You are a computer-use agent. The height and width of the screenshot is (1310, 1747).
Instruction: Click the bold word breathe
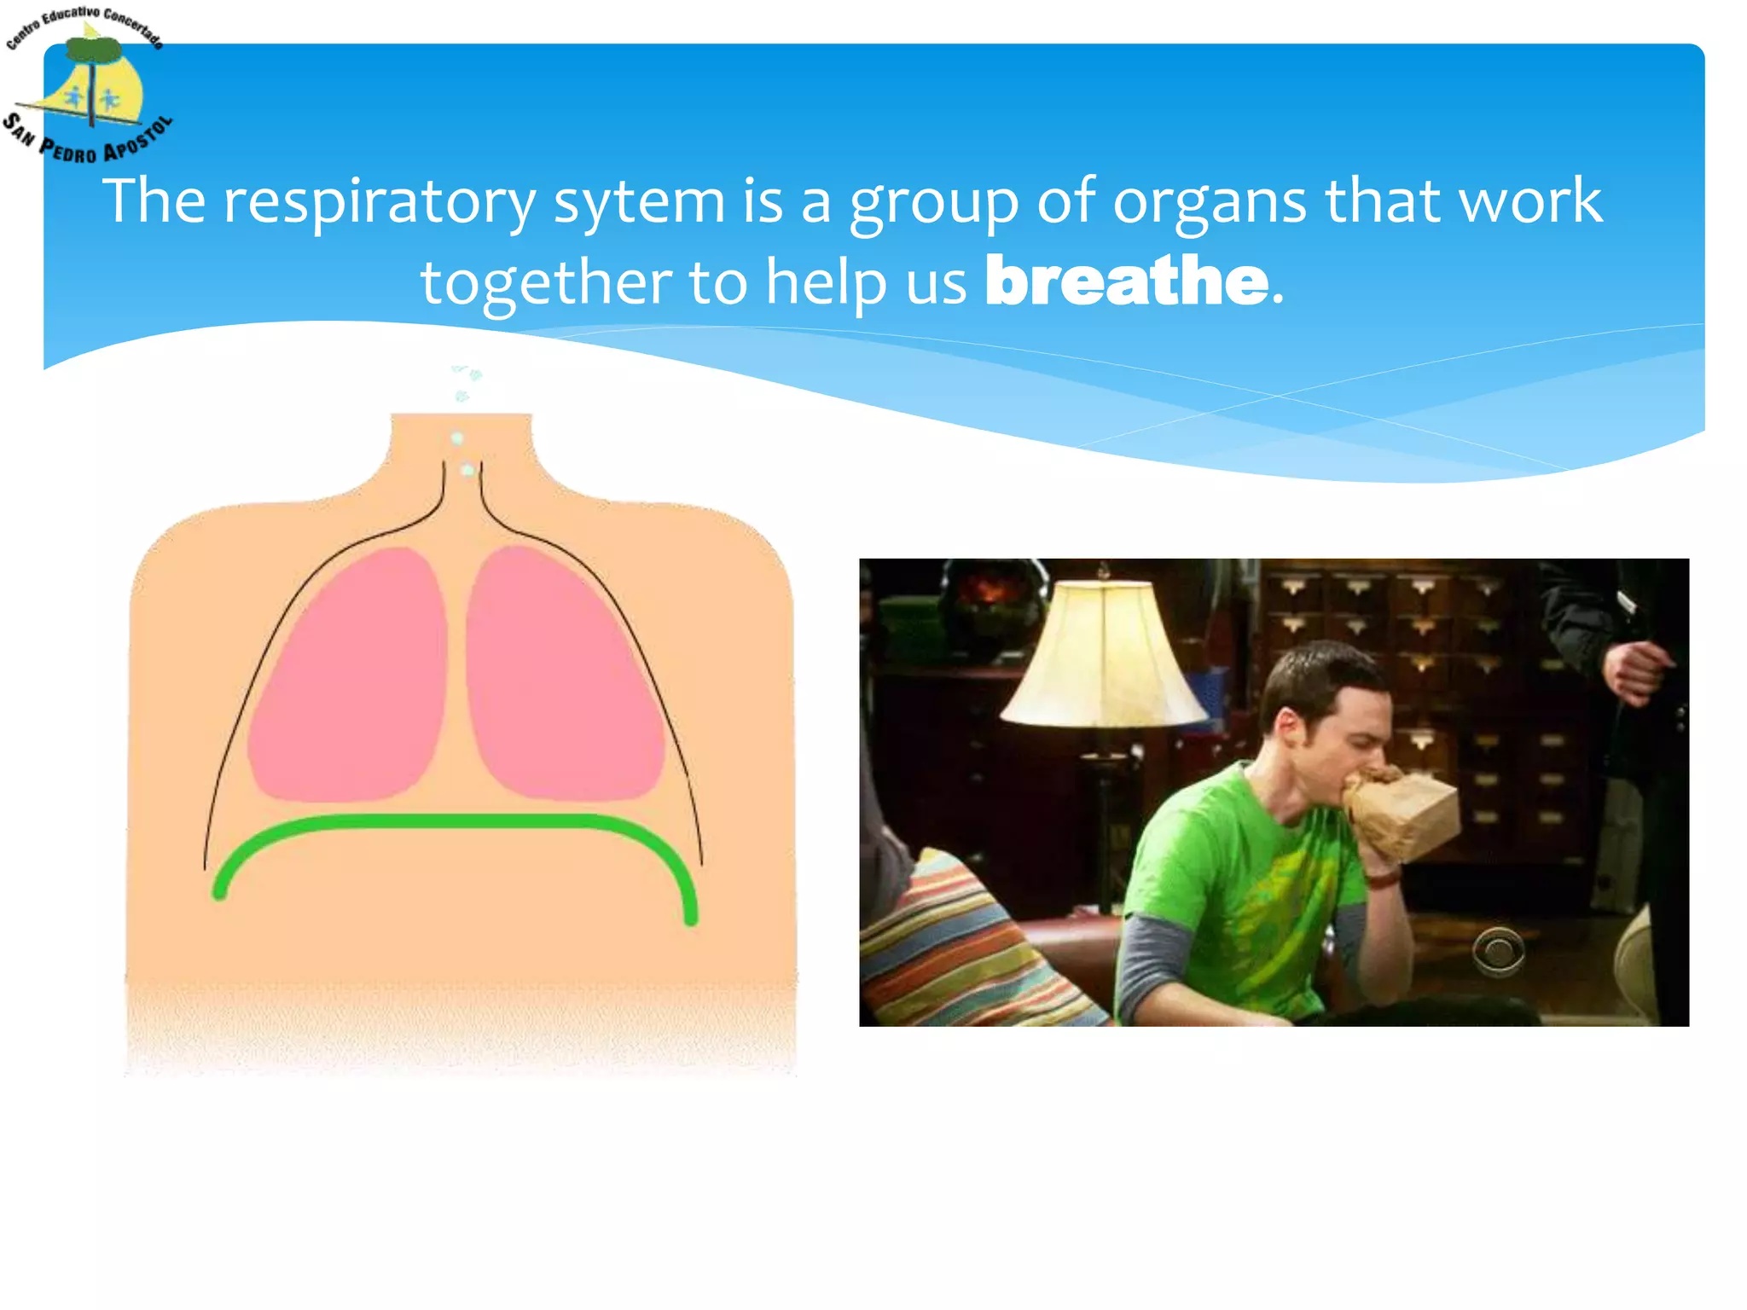[x=1126, y=281]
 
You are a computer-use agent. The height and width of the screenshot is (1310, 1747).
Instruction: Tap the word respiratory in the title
[x=379, y=201]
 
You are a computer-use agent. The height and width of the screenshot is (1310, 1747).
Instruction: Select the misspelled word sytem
[x=639, y=203]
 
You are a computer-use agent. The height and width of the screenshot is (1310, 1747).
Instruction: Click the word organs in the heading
[x=1209, y=203]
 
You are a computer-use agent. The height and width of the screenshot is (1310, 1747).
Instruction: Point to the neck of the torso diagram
[x=461, y=452]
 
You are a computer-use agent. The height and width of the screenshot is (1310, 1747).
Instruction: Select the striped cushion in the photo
[x=955, y=947]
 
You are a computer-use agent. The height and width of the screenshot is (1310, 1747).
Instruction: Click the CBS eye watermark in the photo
[x=1499, y=949]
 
